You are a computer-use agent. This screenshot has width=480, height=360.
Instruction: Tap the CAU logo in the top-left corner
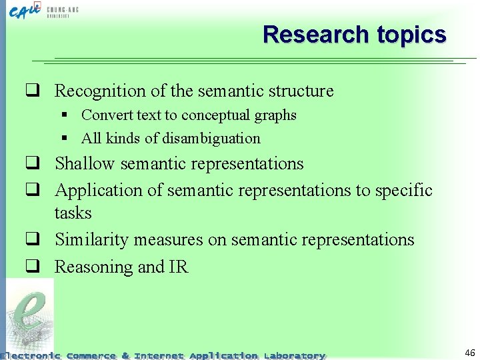[x=25, y=11]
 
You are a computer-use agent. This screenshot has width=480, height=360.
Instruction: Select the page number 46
[x=469, y=353]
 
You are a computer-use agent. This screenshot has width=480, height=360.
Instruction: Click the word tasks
[x=73, y=213]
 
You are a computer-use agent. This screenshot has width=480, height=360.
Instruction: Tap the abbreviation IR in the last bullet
[x=179, y=267]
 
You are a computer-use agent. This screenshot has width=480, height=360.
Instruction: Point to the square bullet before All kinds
[x=65, y=139]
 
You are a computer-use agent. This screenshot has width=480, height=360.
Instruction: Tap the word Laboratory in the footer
[x=294, y=355]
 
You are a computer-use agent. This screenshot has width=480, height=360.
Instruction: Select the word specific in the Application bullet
[x=404, y=191]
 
